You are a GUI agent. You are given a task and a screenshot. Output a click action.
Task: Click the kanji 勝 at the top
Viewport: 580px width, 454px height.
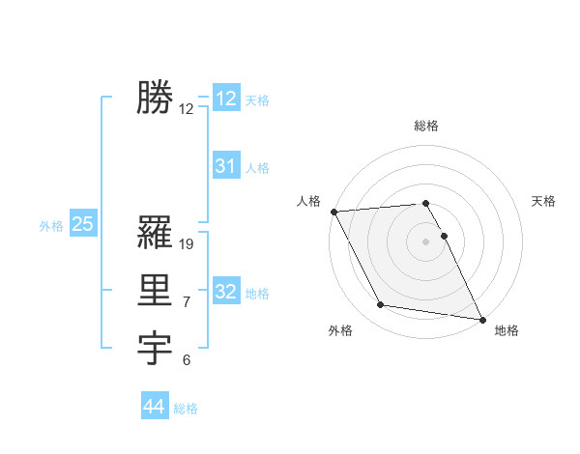point(155,98)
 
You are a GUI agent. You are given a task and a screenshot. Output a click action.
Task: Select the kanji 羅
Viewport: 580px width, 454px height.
point(155,233)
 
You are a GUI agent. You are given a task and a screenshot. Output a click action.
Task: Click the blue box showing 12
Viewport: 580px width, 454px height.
point(226,99)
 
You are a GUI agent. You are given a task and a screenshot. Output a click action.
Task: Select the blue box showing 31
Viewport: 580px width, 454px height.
point(226,166)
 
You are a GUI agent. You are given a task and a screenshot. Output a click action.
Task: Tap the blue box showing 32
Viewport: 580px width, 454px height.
point(226,292)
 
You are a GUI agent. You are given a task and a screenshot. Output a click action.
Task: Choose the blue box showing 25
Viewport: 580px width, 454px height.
point(83,225)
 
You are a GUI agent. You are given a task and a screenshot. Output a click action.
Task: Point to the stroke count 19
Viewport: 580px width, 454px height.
point(188,244)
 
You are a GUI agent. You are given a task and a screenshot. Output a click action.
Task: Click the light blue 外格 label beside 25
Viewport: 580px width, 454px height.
point(51,226)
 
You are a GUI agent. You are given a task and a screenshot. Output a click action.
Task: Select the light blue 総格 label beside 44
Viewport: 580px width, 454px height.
point(186,409)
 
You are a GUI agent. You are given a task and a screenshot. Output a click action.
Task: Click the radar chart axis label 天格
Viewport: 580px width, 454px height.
point(543,201)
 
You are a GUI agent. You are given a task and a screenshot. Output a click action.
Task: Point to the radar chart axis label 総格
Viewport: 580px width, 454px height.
point(426,126)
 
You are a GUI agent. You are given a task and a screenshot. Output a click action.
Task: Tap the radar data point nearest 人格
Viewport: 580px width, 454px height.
point(333,212)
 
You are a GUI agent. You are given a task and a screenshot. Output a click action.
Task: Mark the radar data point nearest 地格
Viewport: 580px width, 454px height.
point(481,318)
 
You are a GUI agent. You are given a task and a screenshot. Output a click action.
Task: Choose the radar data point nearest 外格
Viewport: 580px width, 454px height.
point(381,305)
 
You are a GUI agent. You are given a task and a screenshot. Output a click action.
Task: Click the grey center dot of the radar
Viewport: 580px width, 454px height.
point(426,241)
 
